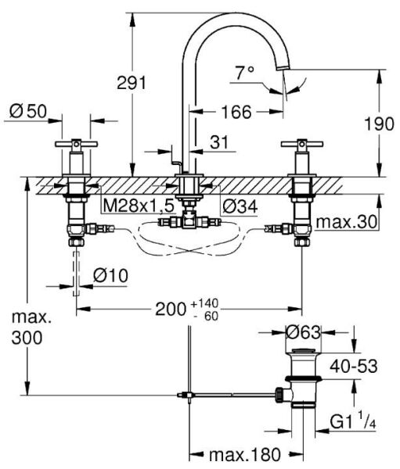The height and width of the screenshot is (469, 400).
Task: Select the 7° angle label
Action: click(245, 74)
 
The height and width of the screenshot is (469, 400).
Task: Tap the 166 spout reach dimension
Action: click(236, 113)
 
